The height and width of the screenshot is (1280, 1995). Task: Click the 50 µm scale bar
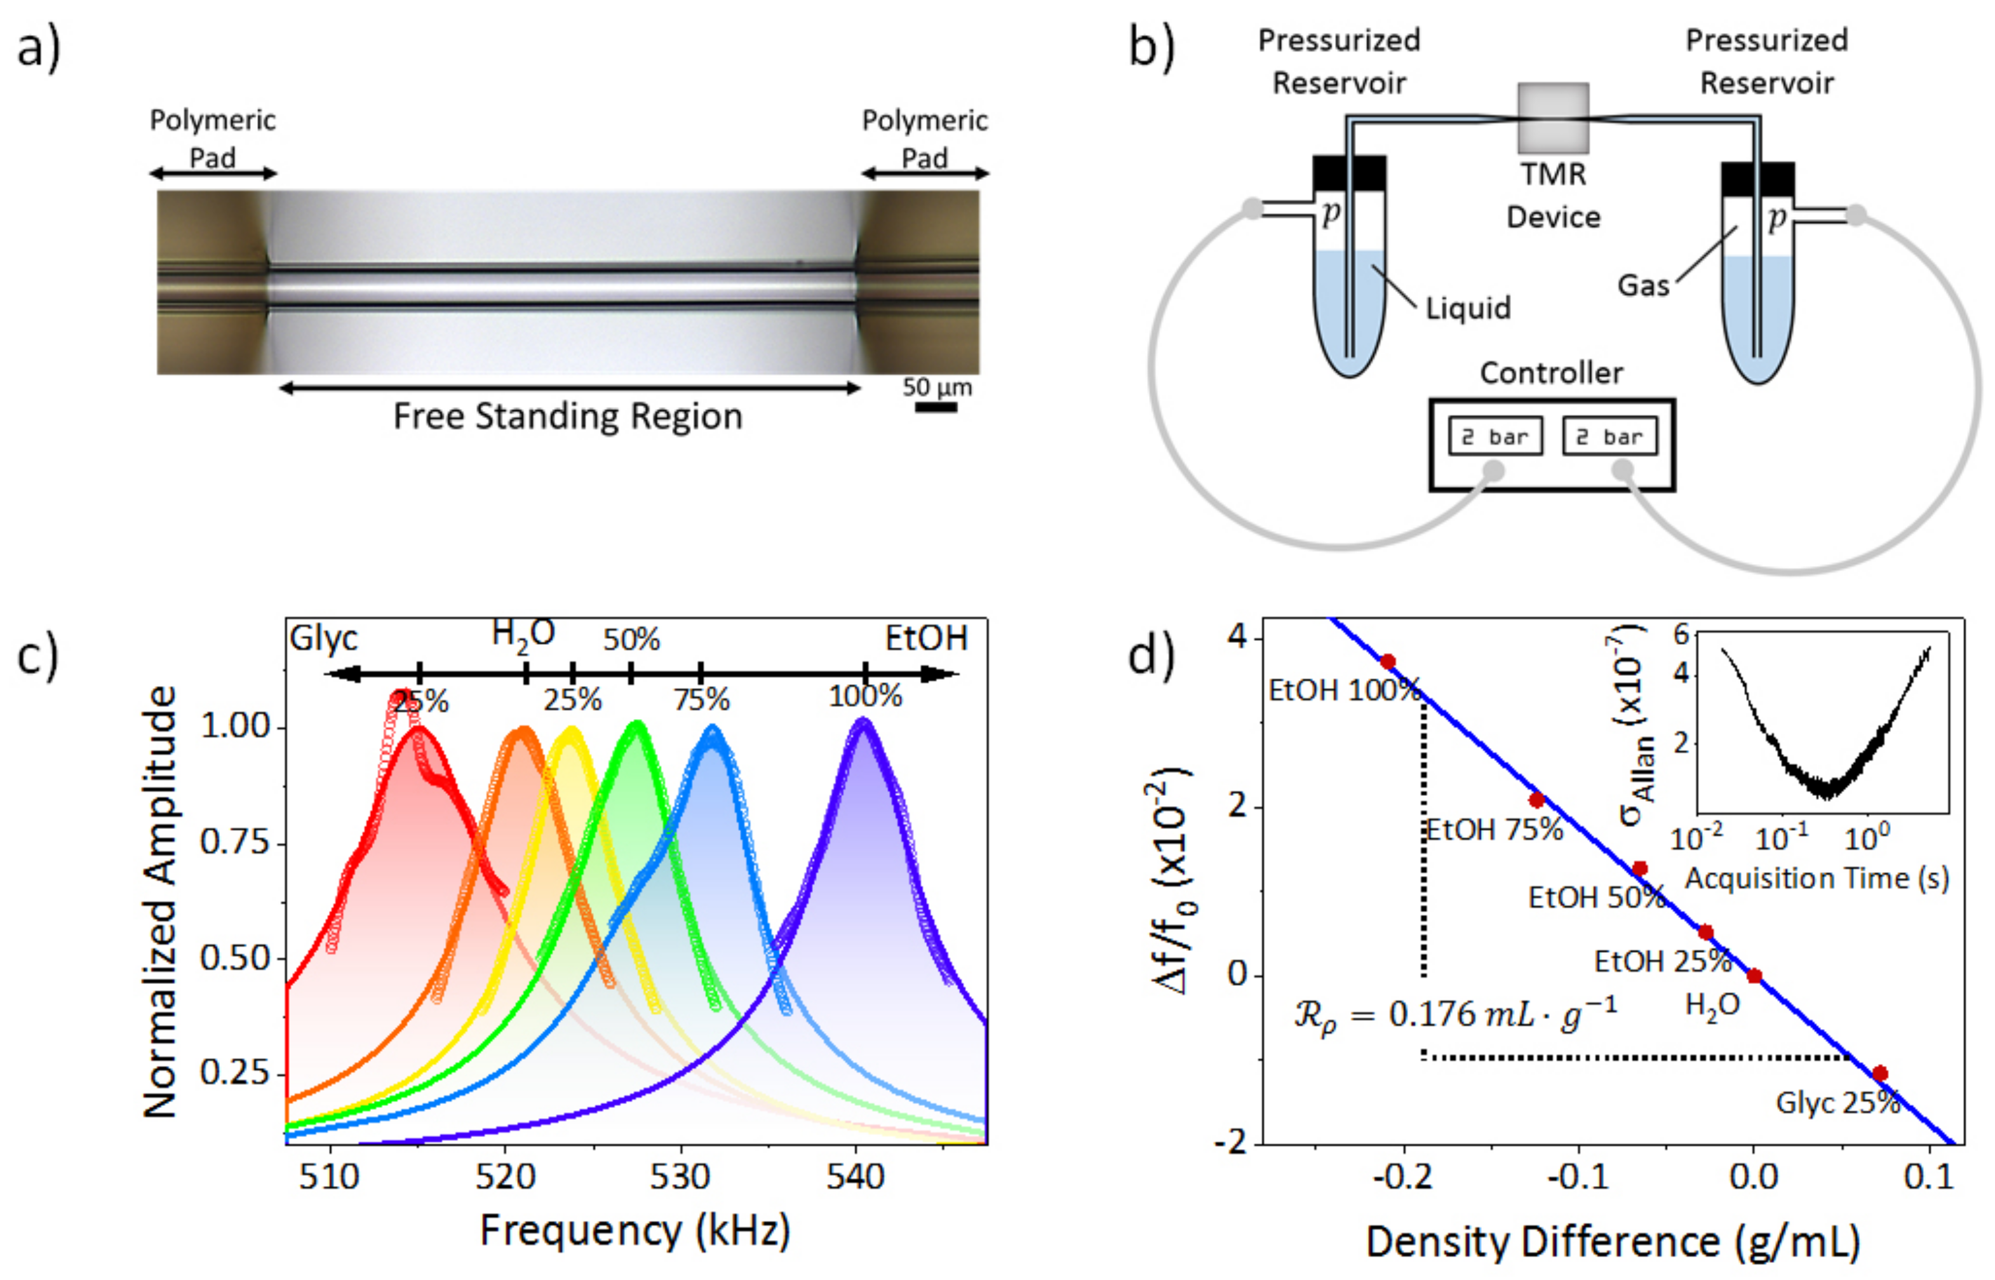pos(936,407)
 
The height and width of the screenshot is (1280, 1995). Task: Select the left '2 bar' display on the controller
pos(1495,436)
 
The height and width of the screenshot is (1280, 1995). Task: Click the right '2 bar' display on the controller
pos(1609,436)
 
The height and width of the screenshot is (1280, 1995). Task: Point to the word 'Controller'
pos(1550,373)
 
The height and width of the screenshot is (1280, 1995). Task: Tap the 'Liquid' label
pos(1467,308)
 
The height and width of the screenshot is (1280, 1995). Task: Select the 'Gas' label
pos(1642,285)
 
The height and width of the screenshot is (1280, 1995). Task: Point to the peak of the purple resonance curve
pos(863,723)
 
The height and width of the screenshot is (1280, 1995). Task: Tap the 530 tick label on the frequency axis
pos(680,1177)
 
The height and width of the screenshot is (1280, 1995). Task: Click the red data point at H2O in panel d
pos(1754,976)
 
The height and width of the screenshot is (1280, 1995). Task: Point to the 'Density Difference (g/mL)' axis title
pos(1612,1243)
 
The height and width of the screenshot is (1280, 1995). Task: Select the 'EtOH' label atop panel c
pos(925,638)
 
